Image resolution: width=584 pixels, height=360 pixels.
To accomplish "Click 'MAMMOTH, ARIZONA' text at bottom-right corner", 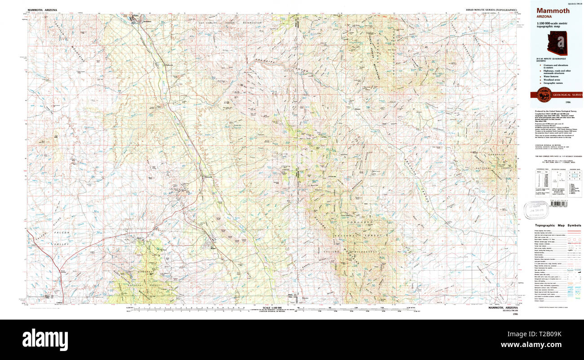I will click(504, 307).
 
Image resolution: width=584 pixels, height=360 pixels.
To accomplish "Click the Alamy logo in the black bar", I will click(45, 337).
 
